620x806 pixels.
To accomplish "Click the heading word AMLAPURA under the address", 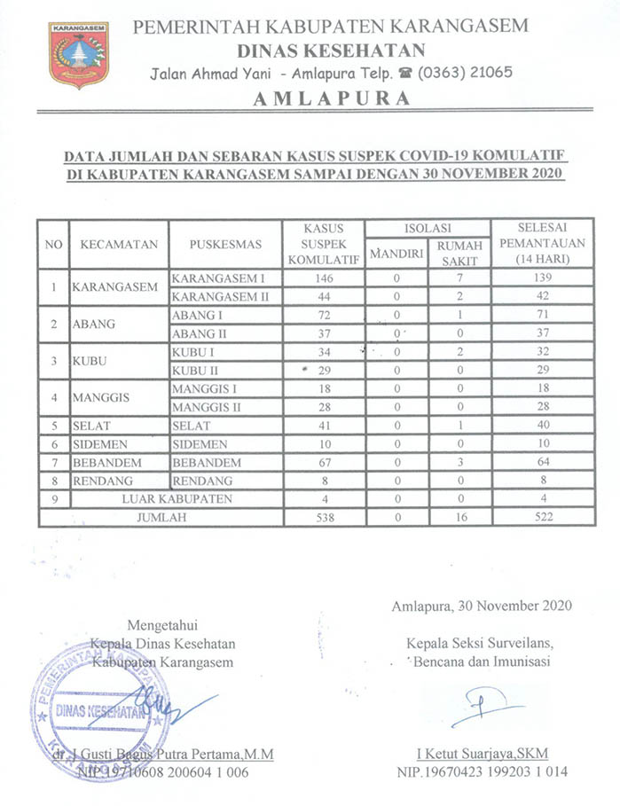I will point(332,98).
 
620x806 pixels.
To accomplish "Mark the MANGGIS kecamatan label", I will point(101,397).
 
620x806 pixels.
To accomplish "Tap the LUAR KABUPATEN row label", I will point(177,499).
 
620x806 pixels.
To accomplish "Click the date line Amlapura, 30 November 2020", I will point(482,606).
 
